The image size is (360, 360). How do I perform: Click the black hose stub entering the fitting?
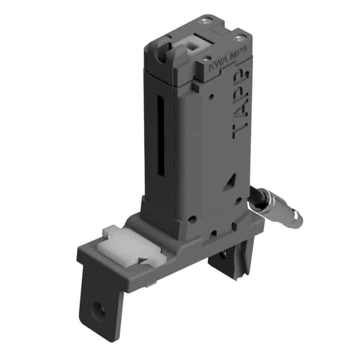coord(255,195)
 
